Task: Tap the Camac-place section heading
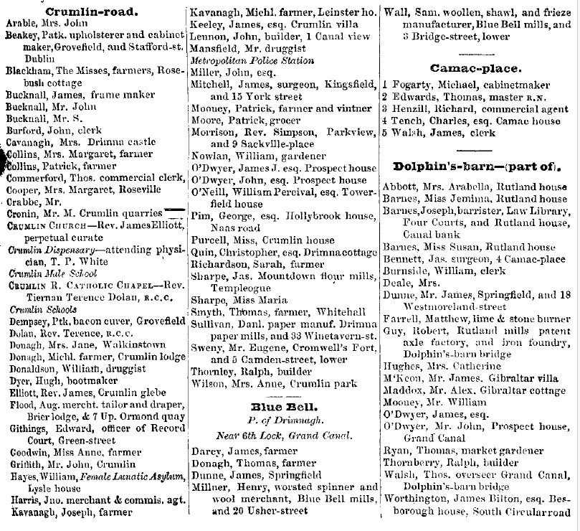click(x=475, y=68)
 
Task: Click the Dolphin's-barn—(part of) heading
click(x=479, y=167)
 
